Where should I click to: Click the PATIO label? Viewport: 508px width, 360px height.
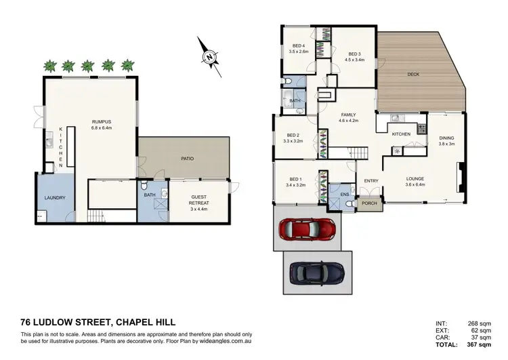(x=187, y=159)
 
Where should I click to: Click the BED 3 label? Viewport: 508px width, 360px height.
(x=356, y=54)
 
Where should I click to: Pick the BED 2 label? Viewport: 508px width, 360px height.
(x=293, y=134)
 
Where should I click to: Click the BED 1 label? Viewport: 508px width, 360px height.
(x=293, y=180)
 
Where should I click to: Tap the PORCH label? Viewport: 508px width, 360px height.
(x=369, y=203)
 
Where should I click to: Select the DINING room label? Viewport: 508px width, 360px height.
(x=446, y=138)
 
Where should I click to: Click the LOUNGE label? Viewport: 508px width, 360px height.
(x=415, y=180)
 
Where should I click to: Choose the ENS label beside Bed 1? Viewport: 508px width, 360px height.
(x=345, y=194)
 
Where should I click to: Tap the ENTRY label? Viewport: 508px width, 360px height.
(x=371, y=181)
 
